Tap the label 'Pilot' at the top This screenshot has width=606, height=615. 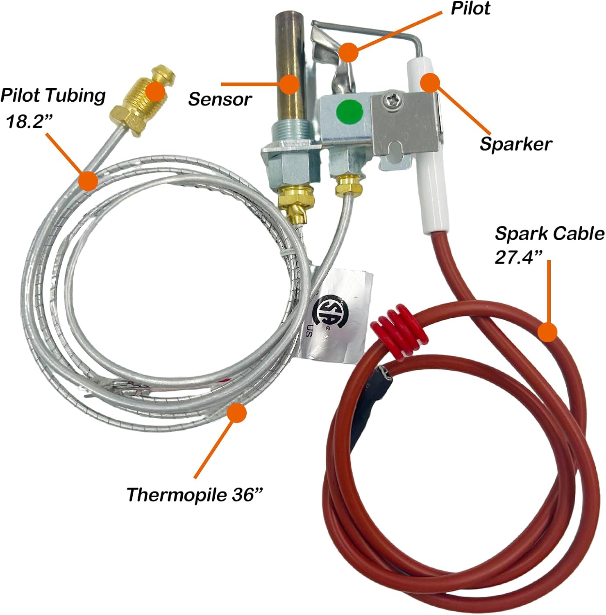[470, 9]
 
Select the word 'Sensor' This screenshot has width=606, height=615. [220, 99]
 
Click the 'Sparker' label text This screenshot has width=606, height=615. [516, 144]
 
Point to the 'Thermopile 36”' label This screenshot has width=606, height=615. [194, 494]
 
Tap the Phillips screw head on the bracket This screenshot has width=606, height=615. [388, 99]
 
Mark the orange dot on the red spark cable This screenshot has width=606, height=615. [547, 332]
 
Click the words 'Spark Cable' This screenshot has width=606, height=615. [549, 234]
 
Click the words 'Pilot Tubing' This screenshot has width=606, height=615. [53, 96]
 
